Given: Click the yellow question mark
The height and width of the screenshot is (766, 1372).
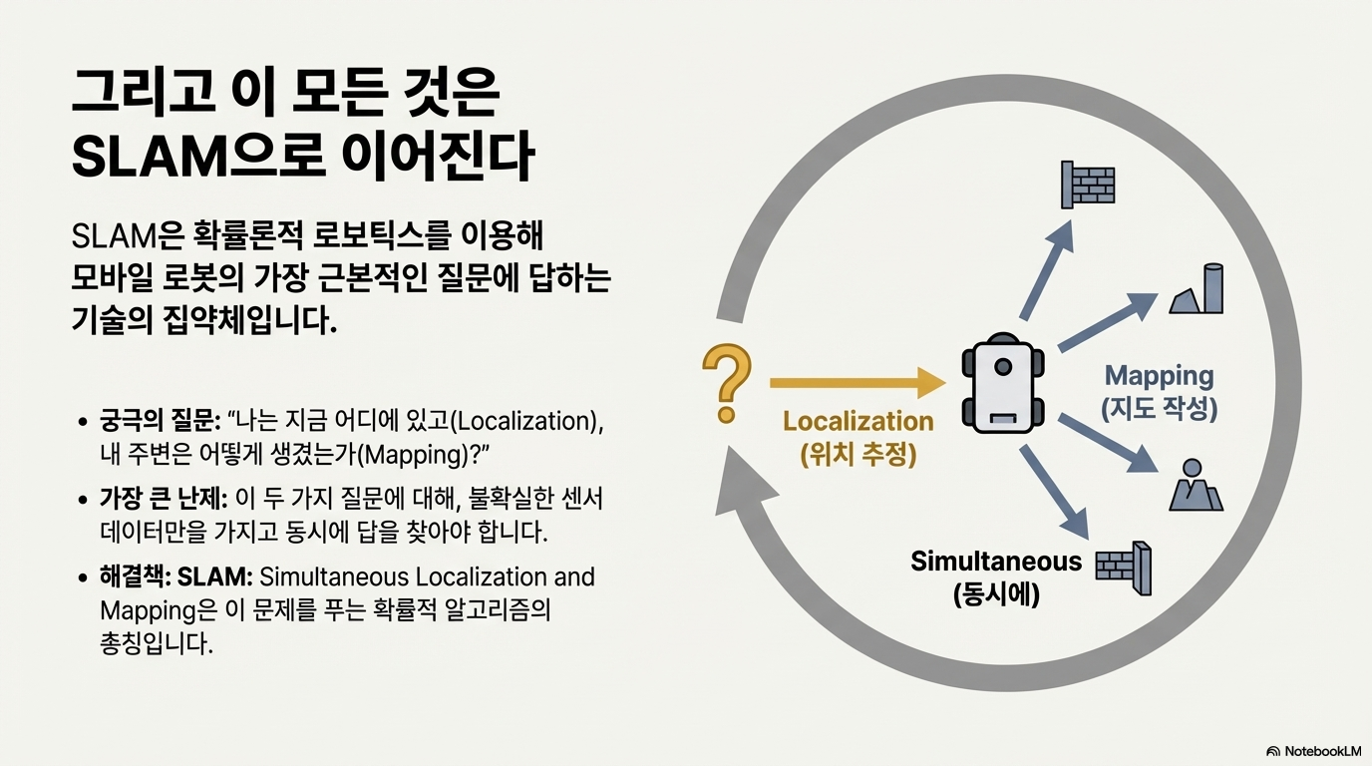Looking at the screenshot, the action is point(727,382).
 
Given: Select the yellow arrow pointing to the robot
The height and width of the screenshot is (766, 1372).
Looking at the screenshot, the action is point(857,382).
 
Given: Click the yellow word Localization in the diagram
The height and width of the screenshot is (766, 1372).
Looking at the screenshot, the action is point(857,421).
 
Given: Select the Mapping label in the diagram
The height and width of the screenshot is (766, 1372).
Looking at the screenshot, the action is point(1159,376).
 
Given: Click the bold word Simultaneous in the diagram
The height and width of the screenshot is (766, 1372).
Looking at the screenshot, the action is point(995,562).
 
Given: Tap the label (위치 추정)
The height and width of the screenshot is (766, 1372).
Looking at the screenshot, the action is point(857,455).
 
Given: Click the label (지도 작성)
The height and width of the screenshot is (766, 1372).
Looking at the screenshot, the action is point(1159,409).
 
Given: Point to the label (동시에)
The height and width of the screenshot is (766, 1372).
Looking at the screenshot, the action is point(996,595).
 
